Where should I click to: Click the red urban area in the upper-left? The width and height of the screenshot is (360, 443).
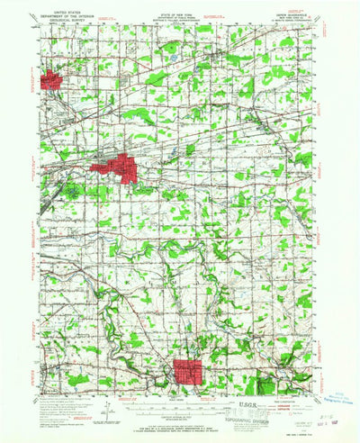tap(50, 80)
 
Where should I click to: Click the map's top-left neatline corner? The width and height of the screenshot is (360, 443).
tap(40, 24)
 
